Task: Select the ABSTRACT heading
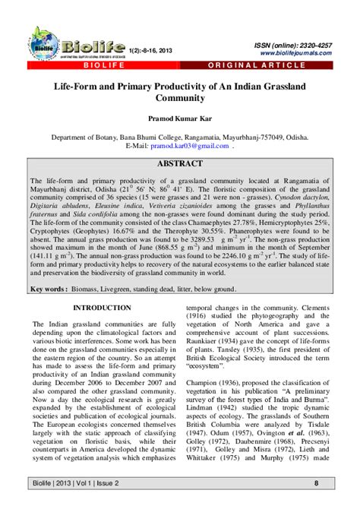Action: pyautogui.click(x=179, y=163)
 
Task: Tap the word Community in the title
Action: pyautogui.click(x=180, y=98)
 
